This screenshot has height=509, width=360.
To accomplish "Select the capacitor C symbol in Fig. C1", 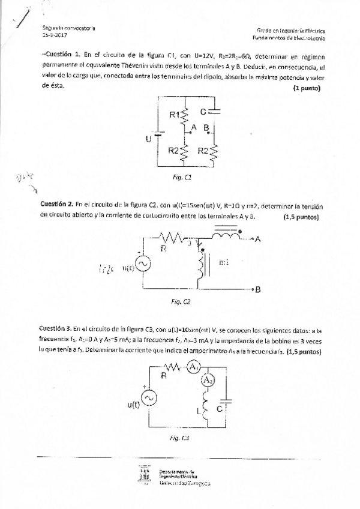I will [x=216, y=111].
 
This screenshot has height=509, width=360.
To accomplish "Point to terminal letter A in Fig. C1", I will [x=194, y=127].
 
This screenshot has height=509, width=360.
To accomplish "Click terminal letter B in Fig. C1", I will [x=206, y=128].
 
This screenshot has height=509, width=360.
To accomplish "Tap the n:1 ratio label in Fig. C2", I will [x=225, y=262].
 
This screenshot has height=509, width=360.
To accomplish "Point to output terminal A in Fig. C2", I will [x=257, y=239].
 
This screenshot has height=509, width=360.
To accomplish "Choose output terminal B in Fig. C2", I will [x=257, y=290].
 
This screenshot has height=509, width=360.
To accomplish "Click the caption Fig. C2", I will [x=181, y=302].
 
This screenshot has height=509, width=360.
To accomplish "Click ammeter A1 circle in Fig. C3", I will [x=193, y=367].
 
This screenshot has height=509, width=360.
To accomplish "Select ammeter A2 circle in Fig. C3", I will [x=206, y=381].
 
